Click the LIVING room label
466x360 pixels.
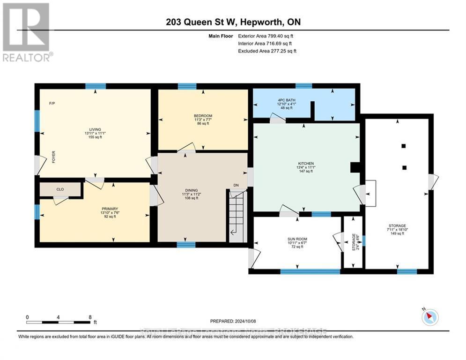[x=96, y=129]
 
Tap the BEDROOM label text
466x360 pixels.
[x=203, y=116]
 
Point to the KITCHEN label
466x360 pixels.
[x=305, y=163]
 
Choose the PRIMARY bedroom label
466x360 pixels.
[x=110, y=209]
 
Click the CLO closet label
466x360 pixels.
[x=60, y=189]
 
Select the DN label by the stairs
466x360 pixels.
[x=236, y=185]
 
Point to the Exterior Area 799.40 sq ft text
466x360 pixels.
[x=266, y=36]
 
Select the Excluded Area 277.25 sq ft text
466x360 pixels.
[x=267, y=51]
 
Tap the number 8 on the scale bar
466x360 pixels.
[x=89, y=317]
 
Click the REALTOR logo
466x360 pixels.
[x=27, y=32]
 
